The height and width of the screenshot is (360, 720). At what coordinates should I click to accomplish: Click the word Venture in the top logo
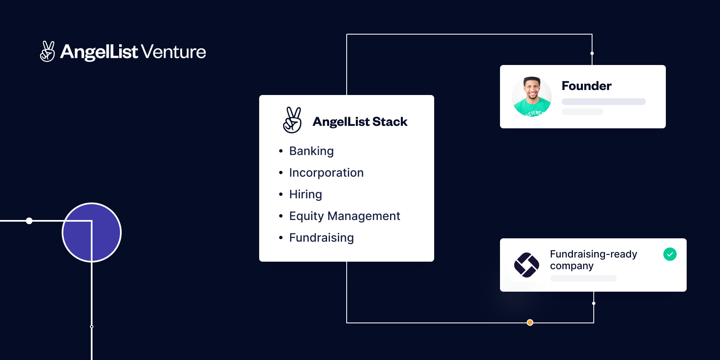173,52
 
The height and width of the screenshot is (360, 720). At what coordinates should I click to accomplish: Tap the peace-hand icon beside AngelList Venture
47,52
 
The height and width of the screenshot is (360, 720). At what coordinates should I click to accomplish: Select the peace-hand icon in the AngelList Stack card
292,120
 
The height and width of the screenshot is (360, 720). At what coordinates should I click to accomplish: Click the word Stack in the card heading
390,122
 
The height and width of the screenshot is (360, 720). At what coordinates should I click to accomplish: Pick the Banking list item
311,151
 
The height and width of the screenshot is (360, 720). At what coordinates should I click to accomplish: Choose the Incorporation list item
326,172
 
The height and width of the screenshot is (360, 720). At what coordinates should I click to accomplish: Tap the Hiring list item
305,194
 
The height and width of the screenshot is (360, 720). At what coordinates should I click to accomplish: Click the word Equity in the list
306,216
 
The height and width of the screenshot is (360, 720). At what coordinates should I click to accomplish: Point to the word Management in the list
363,216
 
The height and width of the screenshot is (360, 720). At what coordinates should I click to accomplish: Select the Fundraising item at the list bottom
321,237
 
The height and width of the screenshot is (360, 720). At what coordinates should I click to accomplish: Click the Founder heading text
586,86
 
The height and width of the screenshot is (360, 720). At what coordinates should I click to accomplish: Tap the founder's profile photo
532,97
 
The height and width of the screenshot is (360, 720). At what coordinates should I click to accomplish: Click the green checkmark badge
670,254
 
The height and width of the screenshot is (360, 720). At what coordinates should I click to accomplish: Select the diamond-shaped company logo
526,265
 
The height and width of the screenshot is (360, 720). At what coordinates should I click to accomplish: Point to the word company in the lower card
572,266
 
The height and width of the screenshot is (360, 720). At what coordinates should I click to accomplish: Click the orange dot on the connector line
530,322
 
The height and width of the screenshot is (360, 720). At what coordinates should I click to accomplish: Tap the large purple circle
92,232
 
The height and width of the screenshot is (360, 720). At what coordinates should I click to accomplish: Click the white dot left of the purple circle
29,221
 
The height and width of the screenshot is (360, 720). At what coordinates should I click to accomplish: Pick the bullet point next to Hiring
281,194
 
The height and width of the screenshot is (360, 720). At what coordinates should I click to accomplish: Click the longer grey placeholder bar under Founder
603,102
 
